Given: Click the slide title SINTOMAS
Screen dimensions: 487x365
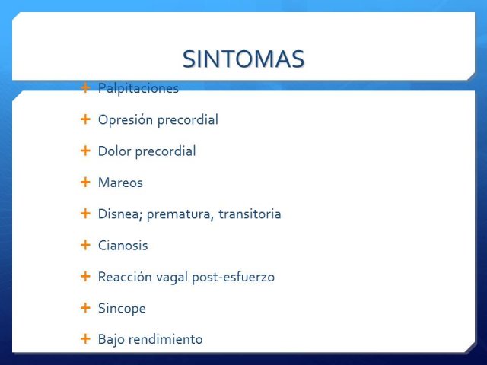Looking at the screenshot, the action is coord(243,59).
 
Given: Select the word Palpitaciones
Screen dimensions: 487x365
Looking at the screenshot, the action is coord(138,89).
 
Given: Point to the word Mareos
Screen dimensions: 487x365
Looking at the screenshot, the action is coord(120,182).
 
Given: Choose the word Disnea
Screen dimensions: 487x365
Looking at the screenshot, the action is coord(120,214).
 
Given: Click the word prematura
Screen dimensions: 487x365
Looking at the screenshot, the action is coord(180,214).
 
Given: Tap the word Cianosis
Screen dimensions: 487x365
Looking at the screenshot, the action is coord(123,246).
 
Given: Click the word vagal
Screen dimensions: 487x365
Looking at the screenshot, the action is coord(172,277).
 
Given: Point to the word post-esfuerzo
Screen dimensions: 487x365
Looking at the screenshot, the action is coord(234,277).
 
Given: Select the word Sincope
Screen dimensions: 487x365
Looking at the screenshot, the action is coord(122,309).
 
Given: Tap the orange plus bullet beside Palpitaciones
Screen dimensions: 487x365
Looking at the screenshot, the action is coord(85,88).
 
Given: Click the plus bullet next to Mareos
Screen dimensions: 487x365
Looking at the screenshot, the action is coord(85,182).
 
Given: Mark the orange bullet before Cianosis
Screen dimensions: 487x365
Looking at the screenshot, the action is coord(85,245).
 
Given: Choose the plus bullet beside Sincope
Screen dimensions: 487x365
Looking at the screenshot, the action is coord(85,308).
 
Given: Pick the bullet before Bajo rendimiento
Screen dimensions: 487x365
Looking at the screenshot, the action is coord(85,338).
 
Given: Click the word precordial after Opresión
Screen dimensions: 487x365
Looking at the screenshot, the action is coord(188,120).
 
